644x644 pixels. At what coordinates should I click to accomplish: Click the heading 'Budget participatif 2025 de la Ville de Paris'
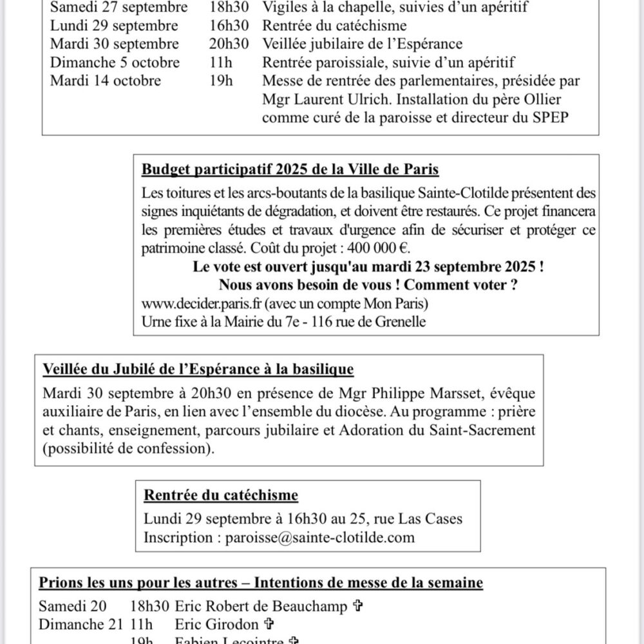click(290, 170)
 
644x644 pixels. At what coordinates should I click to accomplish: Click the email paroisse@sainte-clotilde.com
click(320, 536)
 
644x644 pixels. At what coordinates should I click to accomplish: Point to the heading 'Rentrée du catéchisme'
click(221, 495)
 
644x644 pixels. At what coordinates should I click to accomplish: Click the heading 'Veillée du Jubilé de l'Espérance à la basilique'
click(198, 370)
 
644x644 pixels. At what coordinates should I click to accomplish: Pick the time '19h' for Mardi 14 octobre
click(221, 81)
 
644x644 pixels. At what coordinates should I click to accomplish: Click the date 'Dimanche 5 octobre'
click(115, 62)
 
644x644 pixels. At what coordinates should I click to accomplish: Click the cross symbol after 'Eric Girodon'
click(270, 624)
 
